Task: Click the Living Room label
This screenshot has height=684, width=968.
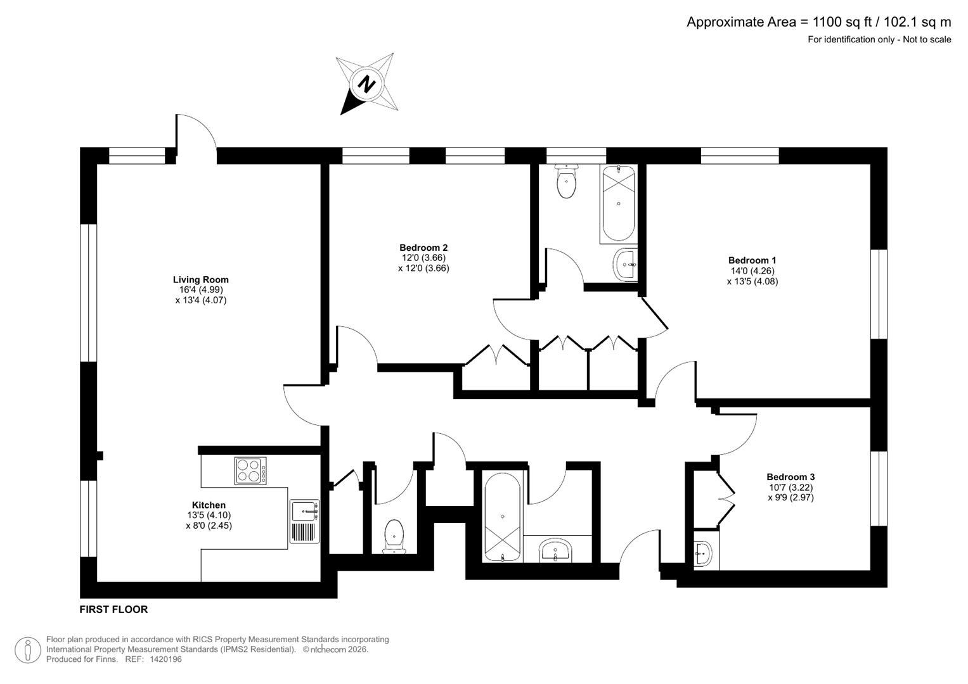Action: [200, 279]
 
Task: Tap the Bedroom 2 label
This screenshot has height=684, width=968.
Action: [423, 248]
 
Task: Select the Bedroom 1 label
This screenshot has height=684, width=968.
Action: [752, 260]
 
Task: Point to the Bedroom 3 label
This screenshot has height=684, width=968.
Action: [791, 477]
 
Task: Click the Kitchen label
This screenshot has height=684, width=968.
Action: [209, 505]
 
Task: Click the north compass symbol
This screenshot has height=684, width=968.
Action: [366, 84]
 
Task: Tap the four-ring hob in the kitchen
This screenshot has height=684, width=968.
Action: [250, 471]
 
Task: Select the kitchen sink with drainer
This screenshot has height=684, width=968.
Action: [306, 521]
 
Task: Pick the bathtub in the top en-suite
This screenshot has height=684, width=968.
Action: [617, 203]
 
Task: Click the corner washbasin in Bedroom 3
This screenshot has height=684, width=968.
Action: [702, 555]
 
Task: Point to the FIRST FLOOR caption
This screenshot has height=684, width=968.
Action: [113, 609]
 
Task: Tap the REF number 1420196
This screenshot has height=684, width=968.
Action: [165, 659]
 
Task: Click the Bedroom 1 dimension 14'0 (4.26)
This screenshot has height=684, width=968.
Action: [752, 271]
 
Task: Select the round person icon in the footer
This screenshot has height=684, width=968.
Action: [28, 650]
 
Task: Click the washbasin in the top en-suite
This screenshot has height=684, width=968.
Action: [626, 264]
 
